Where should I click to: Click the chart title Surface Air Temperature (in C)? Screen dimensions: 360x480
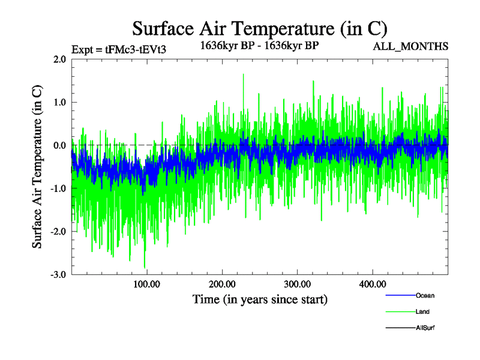click(x=260, y=28)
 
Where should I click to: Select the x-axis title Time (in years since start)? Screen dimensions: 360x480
click(x=260, y=298)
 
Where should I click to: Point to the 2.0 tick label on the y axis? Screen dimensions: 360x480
click(x=59, y=59)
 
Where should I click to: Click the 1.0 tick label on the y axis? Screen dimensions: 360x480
click(x=59, y=102)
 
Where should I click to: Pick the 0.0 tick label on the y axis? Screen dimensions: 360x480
click(x=59, y=145)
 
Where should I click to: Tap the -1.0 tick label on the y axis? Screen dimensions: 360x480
click(x=58, y=188)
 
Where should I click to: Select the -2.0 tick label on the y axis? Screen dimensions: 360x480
click(x=58, y=232)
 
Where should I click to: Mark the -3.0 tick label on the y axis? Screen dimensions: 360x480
click(x=58, y=275)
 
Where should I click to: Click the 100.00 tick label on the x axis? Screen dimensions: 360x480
click(x=147, y=284)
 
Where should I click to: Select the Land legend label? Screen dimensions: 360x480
click(x=422, y=311)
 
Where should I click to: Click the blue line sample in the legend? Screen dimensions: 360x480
click(x=399, y=295)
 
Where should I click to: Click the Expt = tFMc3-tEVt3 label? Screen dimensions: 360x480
click(x=119, y=49)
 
